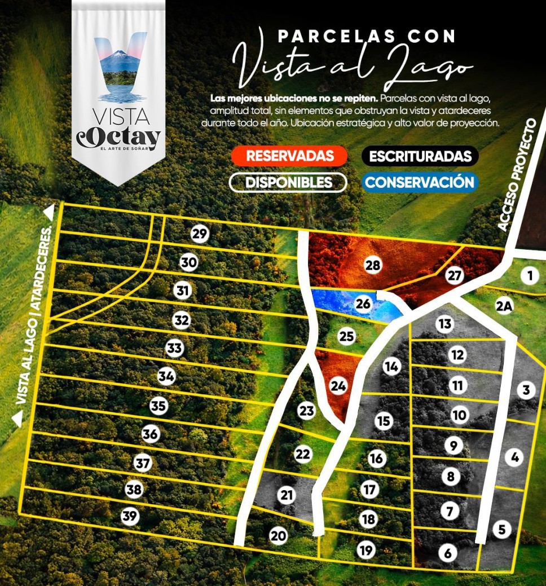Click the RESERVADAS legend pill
pyautogui.click(x=289, y=156)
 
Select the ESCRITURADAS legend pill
pyautogui.click(x=420, y=156)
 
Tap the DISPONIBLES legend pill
pyautogui.click(x=288, y=182)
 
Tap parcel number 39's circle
pyautogui.click(x=130, y=516)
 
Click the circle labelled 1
pyautogui.click(x=529, y=276)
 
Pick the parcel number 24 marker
pyautogui.click(x=338, y=386)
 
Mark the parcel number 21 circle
pyautogui.click(x=287, y=495)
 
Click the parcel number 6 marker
pyautogui.click(x=448, y=553)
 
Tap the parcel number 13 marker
pyautogui.click(x=445, y=324)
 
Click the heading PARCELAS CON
pyautogui.click(x=366, y=37)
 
